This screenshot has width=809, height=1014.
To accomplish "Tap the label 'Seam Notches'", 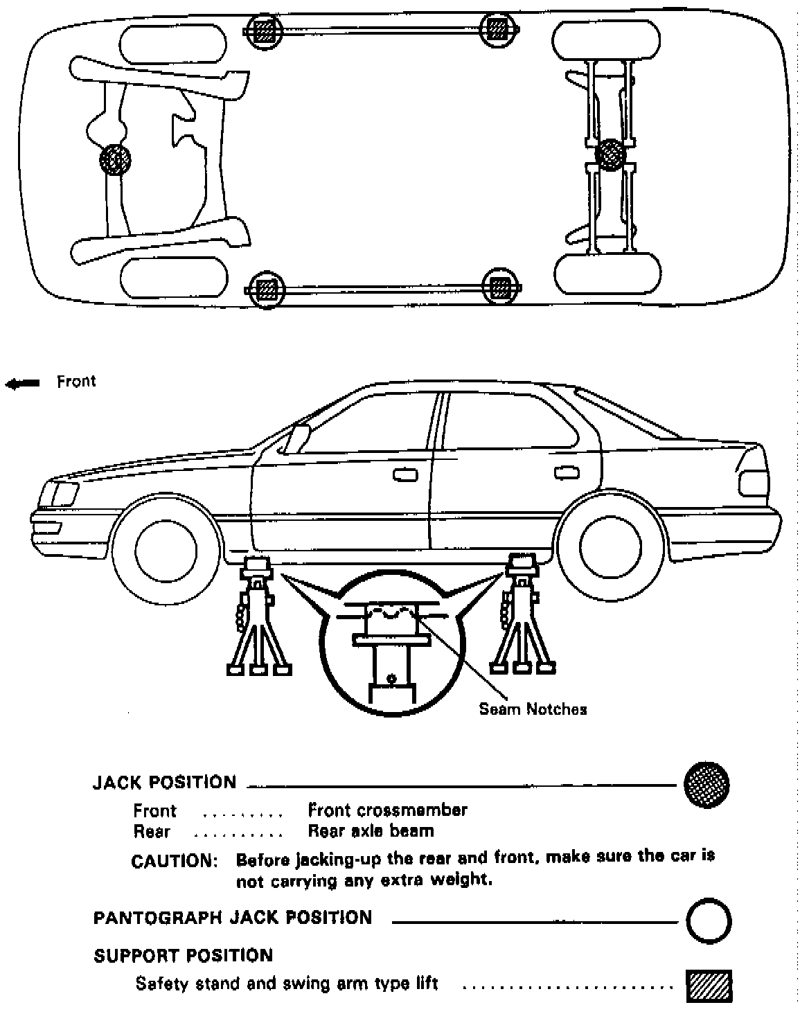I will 533,709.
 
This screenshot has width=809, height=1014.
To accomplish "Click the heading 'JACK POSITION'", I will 165,783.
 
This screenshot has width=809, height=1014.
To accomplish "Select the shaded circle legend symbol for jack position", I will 706,784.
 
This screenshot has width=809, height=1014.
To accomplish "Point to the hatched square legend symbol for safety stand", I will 709,986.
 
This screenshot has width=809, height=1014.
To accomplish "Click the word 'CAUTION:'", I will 174,862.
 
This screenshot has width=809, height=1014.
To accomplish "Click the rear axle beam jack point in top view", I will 610,153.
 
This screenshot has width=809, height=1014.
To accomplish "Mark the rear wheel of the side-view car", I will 610,547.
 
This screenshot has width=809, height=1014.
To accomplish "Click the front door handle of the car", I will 405,474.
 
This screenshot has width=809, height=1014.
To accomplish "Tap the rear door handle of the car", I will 566,472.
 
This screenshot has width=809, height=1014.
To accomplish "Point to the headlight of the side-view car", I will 58,493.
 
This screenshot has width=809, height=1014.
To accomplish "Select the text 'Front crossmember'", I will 387,810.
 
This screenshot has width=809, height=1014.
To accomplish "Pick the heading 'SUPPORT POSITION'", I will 184,956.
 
